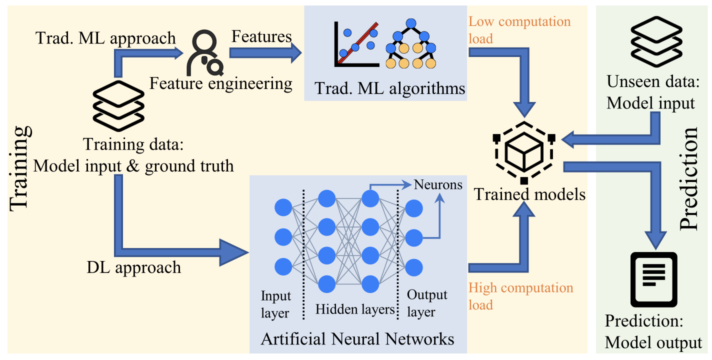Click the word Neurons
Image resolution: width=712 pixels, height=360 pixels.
438,185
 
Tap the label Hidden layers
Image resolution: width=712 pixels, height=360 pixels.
355,309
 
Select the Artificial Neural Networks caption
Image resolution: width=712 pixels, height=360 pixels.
357,339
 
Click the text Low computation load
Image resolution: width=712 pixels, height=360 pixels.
519,30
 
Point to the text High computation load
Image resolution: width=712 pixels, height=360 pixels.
520,296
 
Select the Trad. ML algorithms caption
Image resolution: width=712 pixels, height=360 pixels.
390,89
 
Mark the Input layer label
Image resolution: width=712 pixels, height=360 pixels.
275,304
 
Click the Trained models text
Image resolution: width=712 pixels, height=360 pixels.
529,194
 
